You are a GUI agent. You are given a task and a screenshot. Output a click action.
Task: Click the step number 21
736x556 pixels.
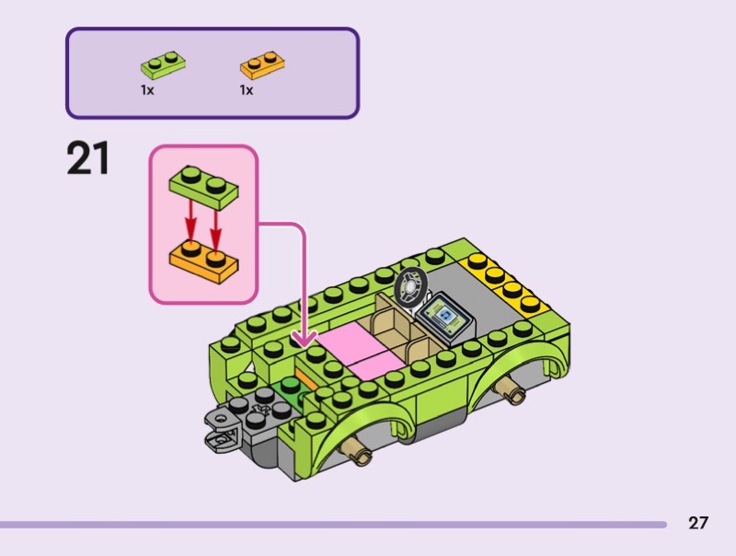88,157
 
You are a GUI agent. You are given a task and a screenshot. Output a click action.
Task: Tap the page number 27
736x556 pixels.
698,523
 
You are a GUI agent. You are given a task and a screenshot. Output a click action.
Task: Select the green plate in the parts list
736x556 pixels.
162,65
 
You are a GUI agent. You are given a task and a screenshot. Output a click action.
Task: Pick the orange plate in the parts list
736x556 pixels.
261,64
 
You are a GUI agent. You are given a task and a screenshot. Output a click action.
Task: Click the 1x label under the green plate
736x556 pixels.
147,90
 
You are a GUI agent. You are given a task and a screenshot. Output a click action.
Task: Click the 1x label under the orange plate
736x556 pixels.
247,90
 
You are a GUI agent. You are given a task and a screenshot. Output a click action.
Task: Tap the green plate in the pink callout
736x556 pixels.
203,187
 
